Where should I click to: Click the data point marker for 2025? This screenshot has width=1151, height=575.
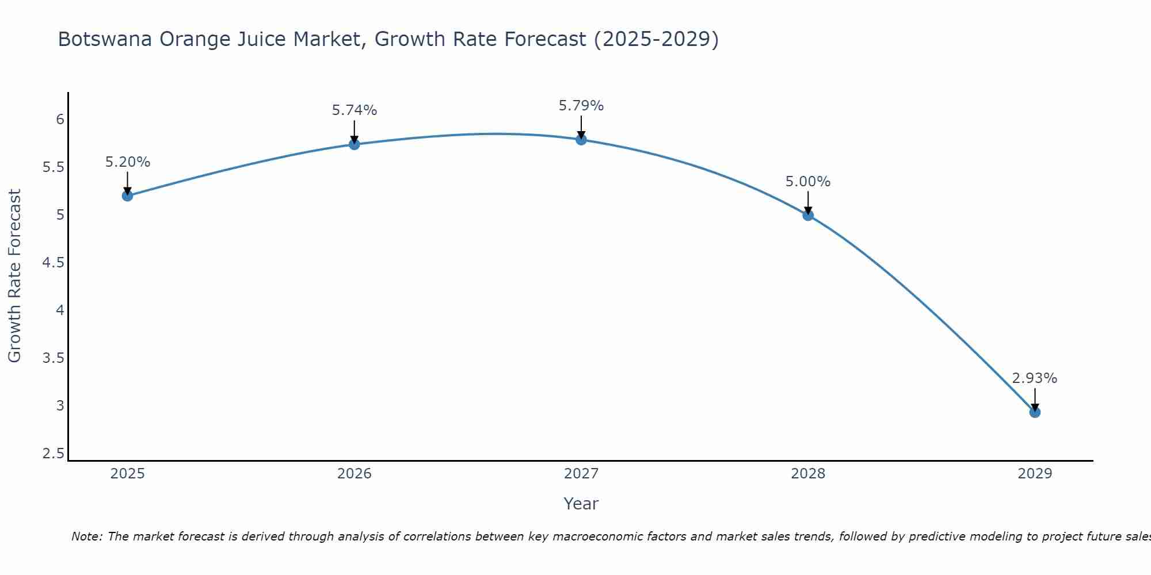click(x=128, y=196)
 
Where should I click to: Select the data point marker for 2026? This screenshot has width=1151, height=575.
click(x=355, y=144)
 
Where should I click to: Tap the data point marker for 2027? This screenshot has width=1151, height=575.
click(x=581, y=140)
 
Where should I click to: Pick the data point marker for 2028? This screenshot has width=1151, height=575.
click(x=808, y=216)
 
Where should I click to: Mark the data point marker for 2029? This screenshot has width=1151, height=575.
click(x=1035, y=412)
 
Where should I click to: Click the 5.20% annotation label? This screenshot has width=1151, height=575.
click(x=128, y=162)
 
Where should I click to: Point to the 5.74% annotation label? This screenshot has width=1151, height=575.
click(x=355, y=110)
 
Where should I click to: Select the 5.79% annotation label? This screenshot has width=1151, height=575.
click(x=581, y=106)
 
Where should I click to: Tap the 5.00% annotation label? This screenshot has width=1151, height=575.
click(x=808, y=182)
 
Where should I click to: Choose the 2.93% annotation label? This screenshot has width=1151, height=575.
click(x=1035, y=378)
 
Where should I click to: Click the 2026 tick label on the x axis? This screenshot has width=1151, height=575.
click(x=355, y=474)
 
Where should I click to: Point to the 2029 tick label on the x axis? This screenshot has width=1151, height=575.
click(x=1035, y=474)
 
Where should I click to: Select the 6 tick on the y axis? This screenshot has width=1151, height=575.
click(x=60, y=120)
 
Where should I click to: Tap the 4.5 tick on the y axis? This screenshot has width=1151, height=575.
click(x=53, y=263)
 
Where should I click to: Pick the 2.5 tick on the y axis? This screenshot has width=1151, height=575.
click(x=53, y=454)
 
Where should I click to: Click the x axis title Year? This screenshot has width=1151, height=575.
click(x=581, y=504)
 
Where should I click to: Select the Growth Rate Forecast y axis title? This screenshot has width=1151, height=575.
click(x=14, y=276)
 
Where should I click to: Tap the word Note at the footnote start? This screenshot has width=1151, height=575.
click(x=86, y=536)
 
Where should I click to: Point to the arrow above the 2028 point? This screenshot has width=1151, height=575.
click(x=808, y=202)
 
